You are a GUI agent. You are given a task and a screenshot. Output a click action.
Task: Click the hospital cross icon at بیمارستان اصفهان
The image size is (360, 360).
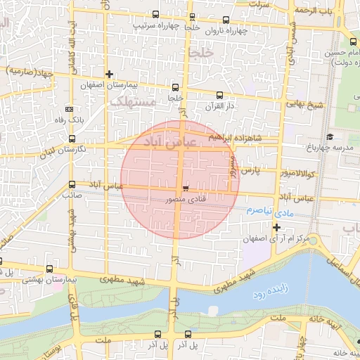109,74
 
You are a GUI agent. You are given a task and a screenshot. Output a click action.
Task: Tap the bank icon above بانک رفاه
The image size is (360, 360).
69,109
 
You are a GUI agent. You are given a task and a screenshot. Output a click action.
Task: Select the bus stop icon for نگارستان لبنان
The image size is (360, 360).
72,139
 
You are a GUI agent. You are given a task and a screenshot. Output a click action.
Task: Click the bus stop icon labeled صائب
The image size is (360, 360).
72,185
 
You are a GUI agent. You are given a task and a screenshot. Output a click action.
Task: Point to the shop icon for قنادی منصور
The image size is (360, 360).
185,188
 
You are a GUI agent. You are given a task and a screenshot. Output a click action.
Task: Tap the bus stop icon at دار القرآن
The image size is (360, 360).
219,95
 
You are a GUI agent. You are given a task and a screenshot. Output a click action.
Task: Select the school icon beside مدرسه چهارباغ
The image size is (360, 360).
330,136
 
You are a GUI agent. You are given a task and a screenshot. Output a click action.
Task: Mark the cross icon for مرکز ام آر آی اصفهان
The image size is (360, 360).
277,227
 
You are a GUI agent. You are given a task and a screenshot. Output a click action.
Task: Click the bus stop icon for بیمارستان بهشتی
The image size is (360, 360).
49,269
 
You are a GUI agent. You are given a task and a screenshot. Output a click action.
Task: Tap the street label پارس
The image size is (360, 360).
251,170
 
